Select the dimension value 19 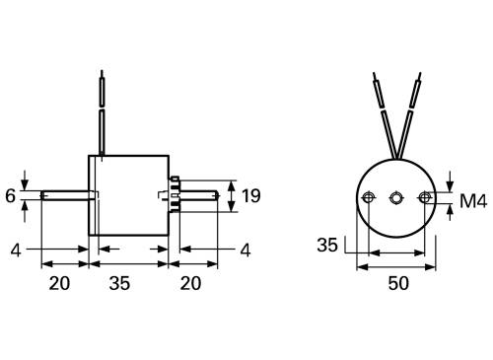(x=251, y=195)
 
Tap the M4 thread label (x=474, y=202)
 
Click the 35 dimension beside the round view (x=329, y=244)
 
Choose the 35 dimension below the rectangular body (x=119, y=282)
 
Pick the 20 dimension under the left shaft (x=59, y=282)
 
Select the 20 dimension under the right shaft (x=191, y=282)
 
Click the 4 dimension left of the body (x=17, y=250)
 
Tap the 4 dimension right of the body (x=244, y=250)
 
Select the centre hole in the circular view (x=396, y=198)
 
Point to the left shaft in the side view (x=67, y=195)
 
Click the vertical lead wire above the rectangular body (x=101, y=113)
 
